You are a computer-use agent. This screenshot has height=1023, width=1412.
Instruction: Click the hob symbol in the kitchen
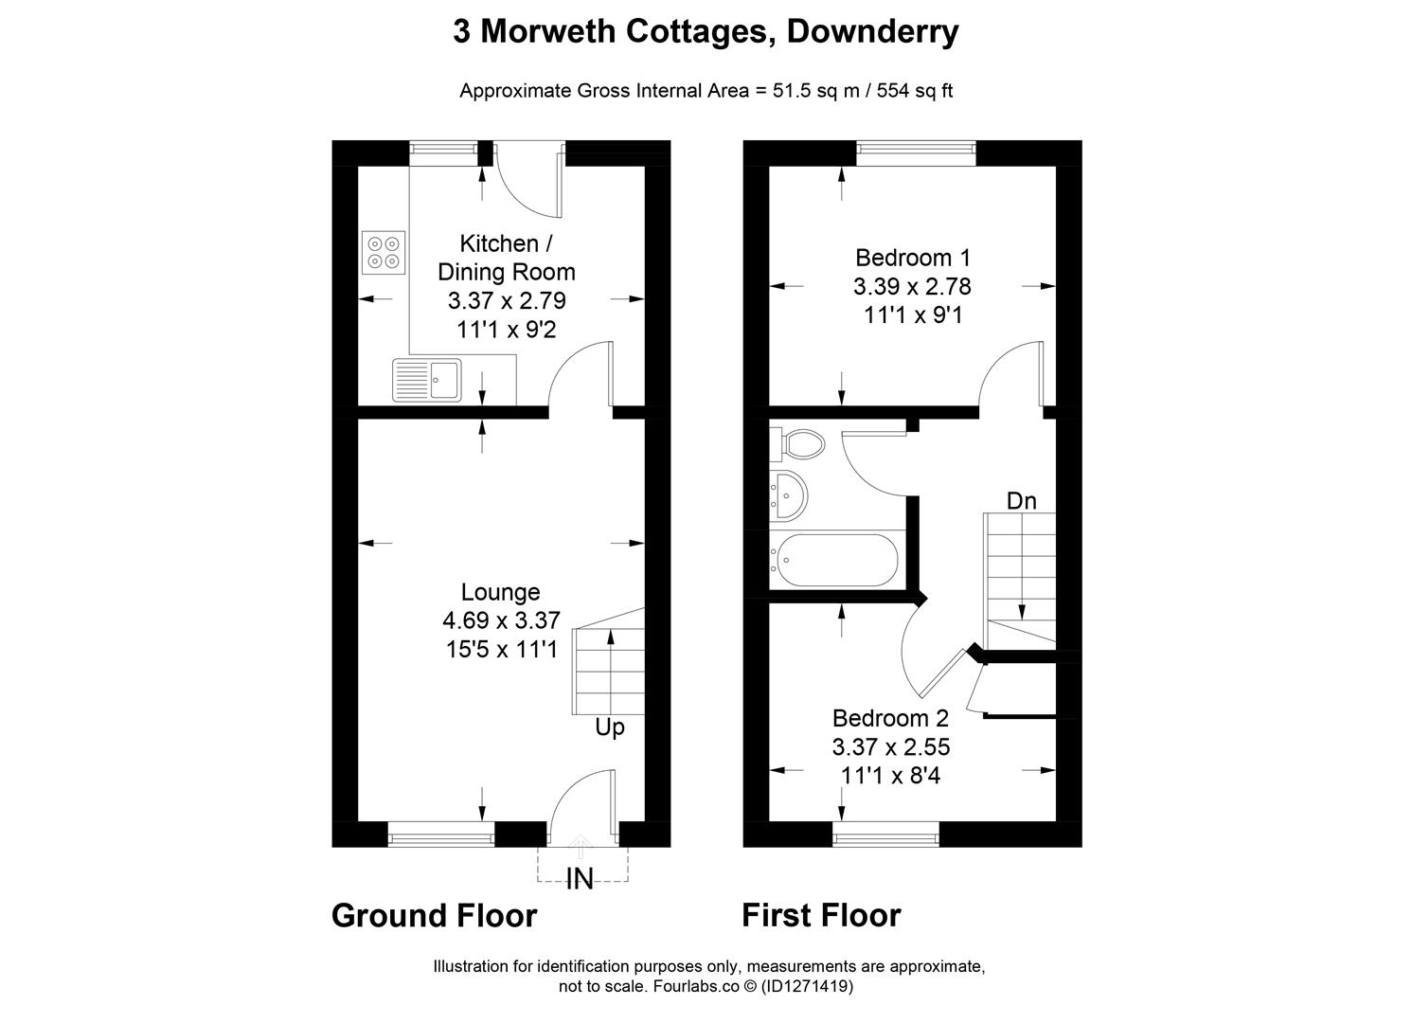(384, 252)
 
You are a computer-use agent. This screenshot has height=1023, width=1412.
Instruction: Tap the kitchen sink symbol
(427, 380)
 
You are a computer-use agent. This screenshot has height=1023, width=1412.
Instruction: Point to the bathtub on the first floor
(834, 561)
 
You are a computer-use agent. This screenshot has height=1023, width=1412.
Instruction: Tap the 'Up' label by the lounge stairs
(610, 727)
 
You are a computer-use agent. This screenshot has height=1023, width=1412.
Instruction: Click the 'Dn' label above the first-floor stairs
(1021, 501)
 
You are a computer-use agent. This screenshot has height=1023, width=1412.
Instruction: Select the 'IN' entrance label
(580, 880)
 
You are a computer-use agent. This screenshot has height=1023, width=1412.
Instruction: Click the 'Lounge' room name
(500, 592)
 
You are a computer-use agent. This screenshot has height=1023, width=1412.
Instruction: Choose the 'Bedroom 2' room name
(890, 718)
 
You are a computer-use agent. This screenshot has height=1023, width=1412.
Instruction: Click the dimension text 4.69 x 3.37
(501, 620)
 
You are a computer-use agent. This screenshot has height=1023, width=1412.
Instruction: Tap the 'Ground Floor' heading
(434, 916)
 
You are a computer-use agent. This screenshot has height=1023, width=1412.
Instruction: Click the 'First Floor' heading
(820, 916)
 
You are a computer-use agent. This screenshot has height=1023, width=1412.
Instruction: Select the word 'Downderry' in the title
(872, 31)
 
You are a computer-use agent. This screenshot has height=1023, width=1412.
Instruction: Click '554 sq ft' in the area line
(915, 91)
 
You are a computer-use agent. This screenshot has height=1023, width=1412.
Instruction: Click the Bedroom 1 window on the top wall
(916, 153)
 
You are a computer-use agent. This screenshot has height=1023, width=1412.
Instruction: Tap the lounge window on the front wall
(441, 835)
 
